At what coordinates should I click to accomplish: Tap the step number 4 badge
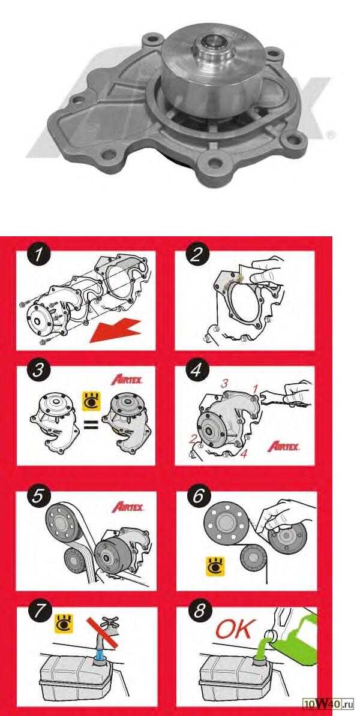pos(197,369)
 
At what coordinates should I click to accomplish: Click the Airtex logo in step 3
pos(127,380)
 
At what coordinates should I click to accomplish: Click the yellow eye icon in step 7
pos(64,624)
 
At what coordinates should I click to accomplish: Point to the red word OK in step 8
pos(233,630)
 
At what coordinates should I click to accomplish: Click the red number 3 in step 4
pos(224,384)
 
